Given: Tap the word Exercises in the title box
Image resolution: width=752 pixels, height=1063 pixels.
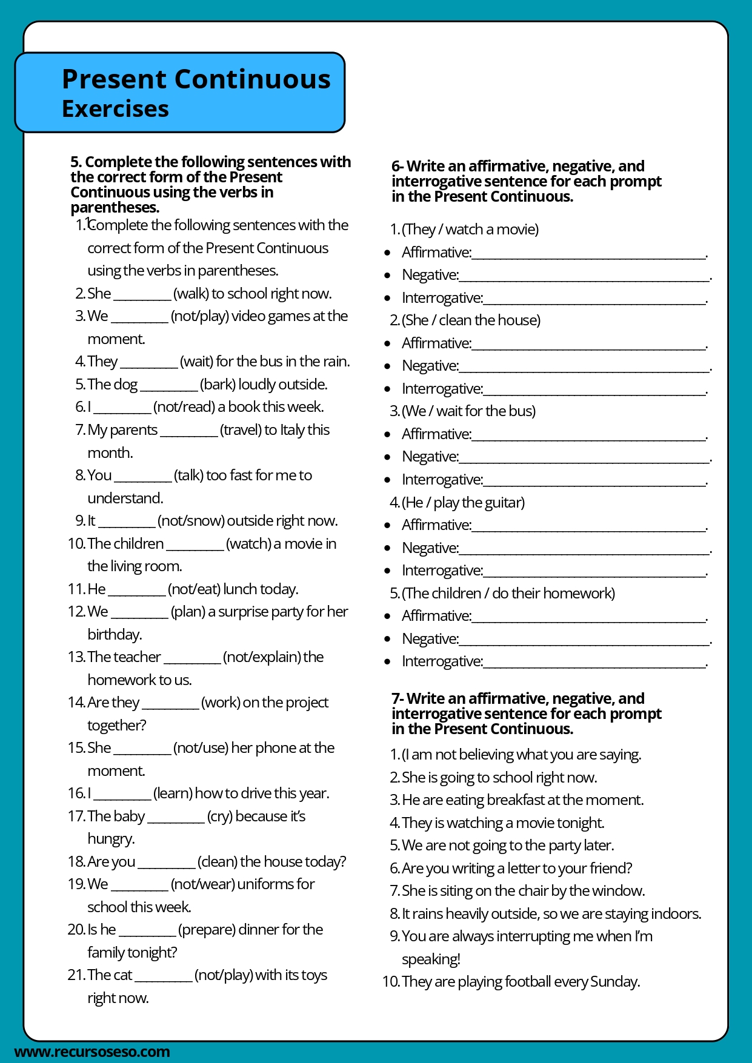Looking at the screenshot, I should [115, 109].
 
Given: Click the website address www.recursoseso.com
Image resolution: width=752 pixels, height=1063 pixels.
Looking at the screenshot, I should [92, 1051].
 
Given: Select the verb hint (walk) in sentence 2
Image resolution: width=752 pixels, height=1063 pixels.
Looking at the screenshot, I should [191, 294].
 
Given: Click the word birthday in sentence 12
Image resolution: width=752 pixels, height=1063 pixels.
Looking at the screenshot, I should [115, 635].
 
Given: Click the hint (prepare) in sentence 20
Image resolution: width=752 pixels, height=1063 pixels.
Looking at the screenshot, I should [207, 930].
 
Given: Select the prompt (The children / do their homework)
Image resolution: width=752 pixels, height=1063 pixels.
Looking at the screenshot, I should [508, 594].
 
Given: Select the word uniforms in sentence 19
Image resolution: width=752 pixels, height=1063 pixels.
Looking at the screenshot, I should [267, 884].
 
